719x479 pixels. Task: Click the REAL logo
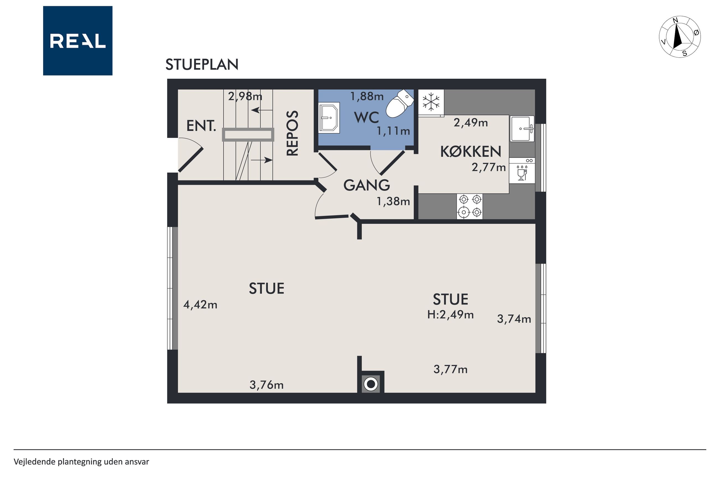point(78,41)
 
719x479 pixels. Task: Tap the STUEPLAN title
point(202,64)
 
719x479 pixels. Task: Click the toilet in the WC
point(399,104)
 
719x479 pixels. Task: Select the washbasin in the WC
point(329,118)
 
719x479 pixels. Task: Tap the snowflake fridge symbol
point(431,102)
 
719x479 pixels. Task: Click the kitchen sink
point(522,129)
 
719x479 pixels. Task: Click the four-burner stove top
point(470,206)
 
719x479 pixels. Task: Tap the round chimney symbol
point(371,384)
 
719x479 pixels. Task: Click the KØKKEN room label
point(471,151)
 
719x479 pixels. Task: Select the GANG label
point(366,185)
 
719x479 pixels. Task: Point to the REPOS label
point(292,133)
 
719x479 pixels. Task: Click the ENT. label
point(201,126)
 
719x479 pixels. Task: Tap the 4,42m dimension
point(200,305)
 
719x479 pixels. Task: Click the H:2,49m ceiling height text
point(450,314)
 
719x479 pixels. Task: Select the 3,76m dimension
point(267,385)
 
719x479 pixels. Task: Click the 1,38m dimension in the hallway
point(393,201)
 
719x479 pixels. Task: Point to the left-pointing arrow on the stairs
point(262,110)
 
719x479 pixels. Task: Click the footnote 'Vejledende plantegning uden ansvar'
point(81,462)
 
